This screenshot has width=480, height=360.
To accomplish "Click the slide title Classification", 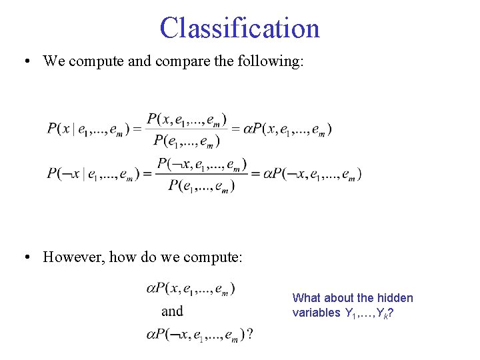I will click(x=240, y=29).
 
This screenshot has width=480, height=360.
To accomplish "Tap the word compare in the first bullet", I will click(x=180, y=61).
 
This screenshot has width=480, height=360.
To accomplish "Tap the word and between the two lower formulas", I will click(x=172, y=311).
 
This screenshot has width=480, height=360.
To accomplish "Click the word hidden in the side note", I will click(x=395, y=298).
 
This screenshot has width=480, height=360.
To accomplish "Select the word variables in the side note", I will click(x=316, y=313).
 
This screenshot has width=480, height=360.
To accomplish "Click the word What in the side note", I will click(x=307, y=298).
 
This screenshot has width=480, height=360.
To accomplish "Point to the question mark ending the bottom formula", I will click(x=249, y=334).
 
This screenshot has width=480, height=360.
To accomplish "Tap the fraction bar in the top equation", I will click(x=186, y=129).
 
